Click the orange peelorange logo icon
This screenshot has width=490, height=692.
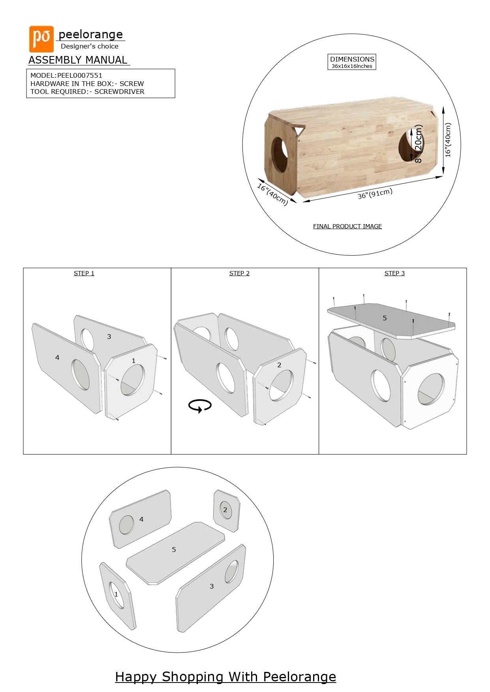tap(41, 39)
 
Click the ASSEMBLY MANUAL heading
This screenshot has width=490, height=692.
tap(78, 60)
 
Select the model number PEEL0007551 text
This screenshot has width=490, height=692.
tap(80, 75)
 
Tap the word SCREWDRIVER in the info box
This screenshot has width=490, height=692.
tap(119, 92)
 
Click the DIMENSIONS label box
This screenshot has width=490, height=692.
tap(352, 62)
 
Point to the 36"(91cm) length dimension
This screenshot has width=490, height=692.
tap(375, 194)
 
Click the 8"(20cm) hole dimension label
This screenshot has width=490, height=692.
tap(418, 144)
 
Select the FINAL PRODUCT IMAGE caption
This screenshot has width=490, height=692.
tap(347, 226)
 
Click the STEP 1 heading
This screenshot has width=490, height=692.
tap(84, 273)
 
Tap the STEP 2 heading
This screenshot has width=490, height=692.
tap(239, 273)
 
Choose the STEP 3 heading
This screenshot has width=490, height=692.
tap(394, 273)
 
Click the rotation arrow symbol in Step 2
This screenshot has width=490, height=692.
tap(200, 406)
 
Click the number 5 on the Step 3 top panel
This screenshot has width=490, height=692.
tap(385, 318)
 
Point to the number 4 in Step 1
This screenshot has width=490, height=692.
tap(57, 357)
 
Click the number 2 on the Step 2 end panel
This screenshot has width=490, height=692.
tap(279, 365)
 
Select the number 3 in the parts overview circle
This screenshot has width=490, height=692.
tap(212, 586)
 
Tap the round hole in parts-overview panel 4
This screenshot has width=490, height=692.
tap(126, 525)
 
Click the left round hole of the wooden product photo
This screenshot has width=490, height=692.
tap(280, 154)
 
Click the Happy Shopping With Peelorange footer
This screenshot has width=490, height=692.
tap(225, 677)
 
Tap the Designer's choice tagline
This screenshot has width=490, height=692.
tap(90, 47)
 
